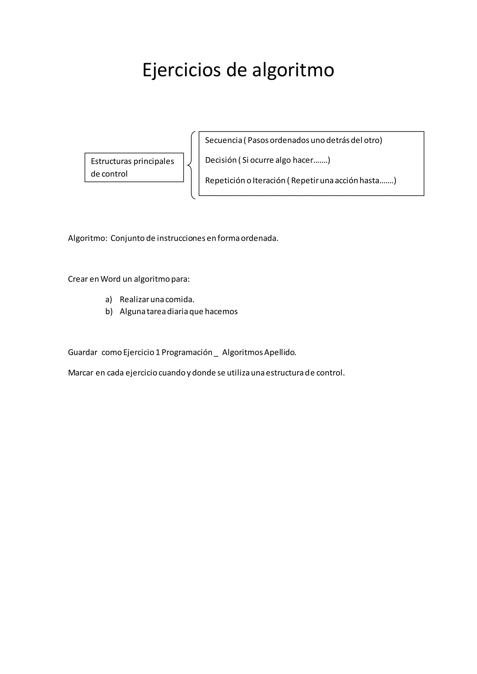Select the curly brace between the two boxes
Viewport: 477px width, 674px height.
pyautogui.click(x=191, y=165)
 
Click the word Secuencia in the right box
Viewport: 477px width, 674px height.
pyautogui.click(x=223, y=140)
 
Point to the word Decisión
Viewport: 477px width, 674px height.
pyautogui.click(x=221, y=160)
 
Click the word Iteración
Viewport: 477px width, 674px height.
pyautogui.click(x=269, y=181)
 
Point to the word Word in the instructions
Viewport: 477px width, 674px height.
pyautogui.click(x=110, y=279)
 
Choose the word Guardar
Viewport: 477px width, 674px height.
pyautogui.click(x=82, y=352)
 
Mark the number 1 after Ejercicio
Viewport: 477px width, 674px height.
pyautogui.click(x=158, y=352)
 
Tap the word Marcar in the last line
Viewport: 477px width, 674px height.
pyautogui.click(x=81, y=373)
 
